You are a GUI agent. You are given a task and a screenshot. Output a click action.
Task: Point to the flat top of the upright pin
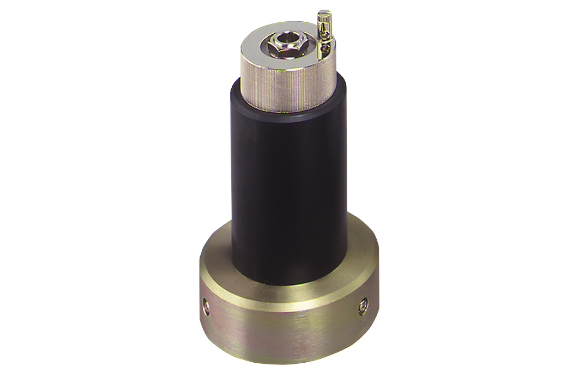[324, 13]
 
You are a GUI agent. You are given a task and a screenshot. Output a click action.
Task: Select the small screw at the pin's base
[325, 49]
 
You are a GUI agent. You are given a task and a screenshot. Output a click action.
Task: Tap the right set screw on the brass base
[363, 307]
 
